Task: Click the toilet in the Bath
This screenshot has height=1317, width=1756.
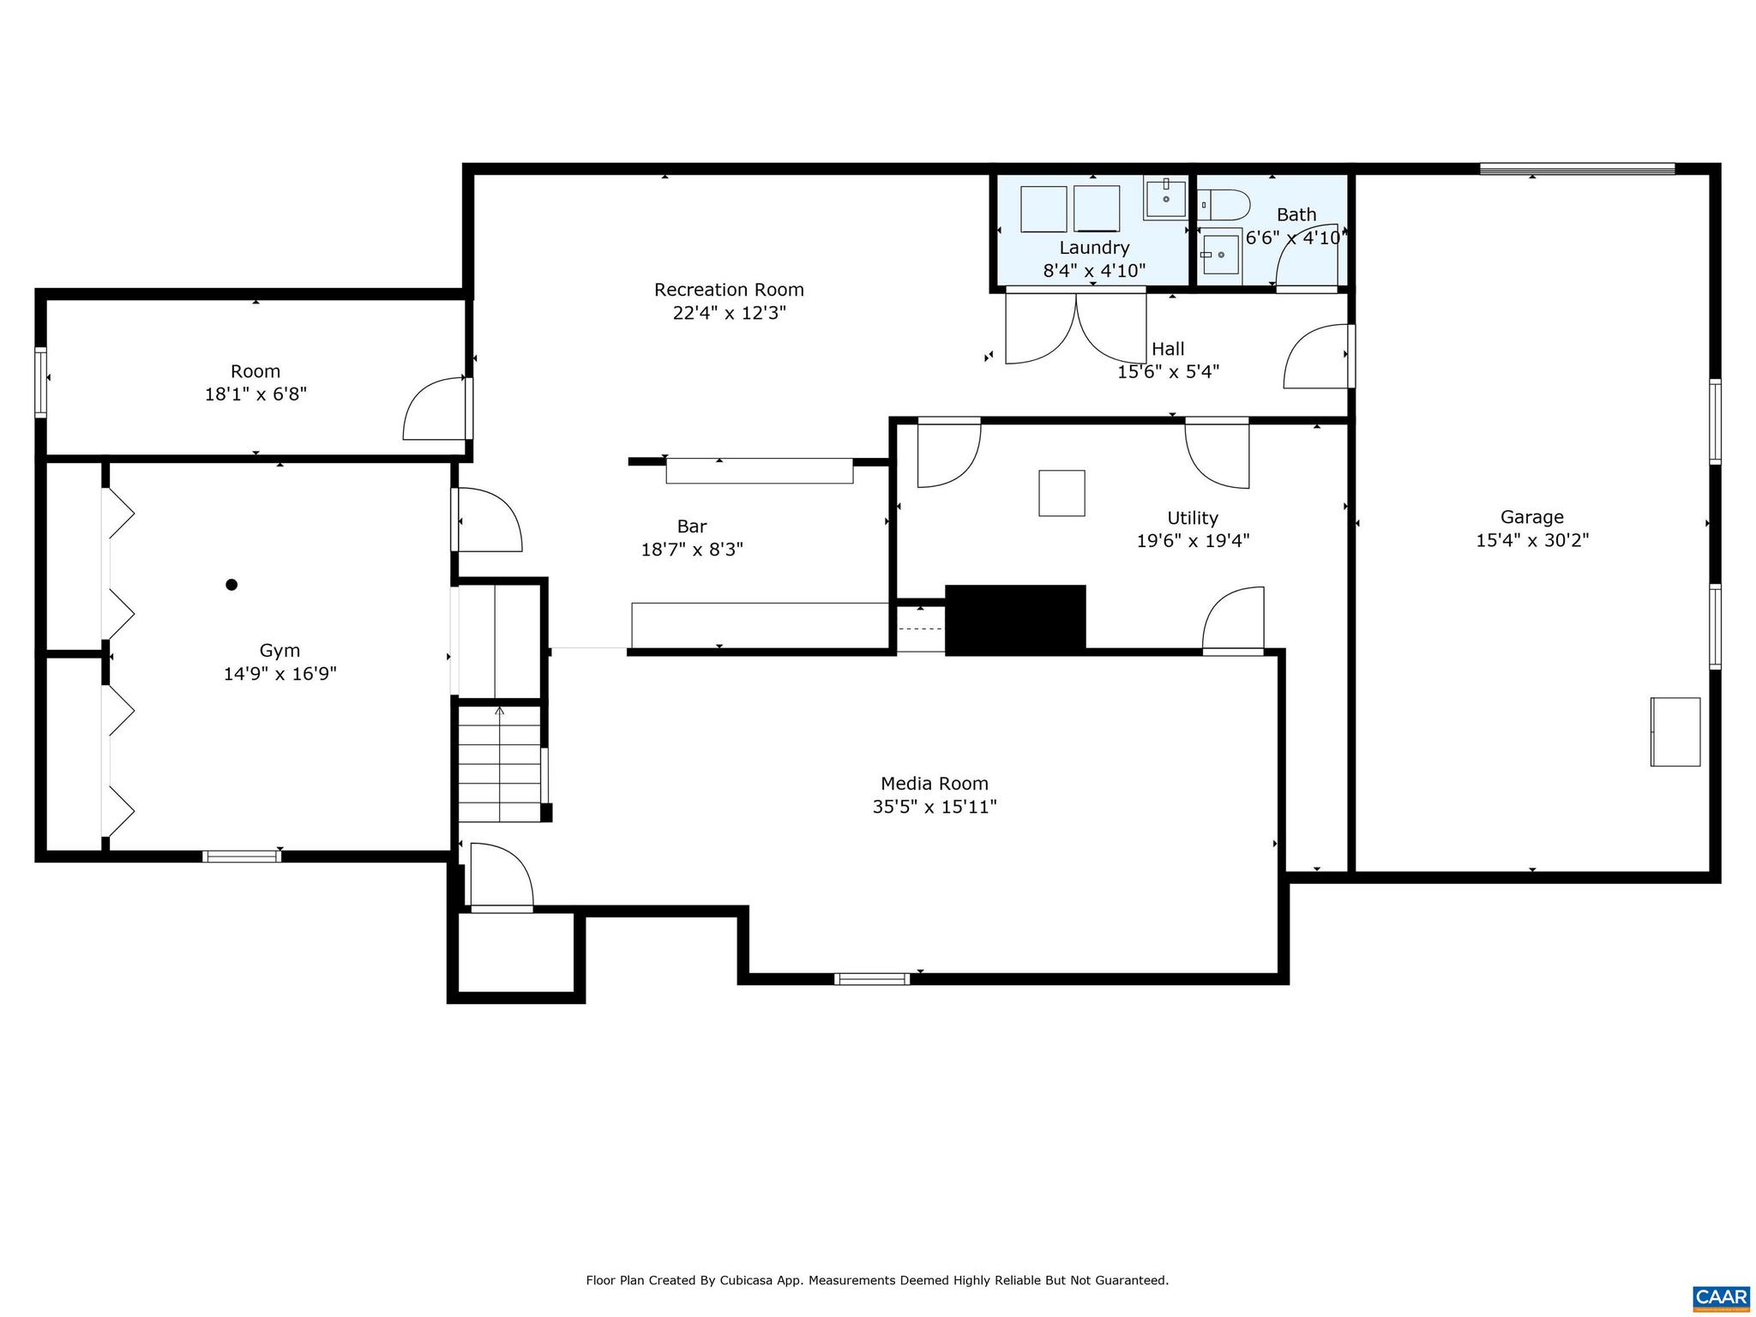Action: tap(1225, 205)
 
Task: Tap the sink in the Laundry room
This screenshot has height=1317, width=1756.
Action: tap(1165, 199)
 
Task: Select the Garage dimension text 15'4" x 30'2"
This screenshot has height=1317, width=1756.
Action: tap(1532, 540)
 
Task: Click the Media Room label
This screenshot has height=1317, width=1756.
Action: tap(935, 784)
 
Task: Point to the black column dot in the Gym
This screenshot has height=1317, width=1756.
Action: tap(232, 585)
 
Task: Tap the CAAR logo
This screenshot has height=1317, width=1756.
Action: tap(1721, 1297)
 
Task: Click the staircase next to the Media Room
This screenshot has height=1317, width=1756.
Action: tap(500, 763)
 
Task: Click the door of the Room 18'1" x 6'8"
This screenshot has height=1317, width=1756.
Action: tap(437, 409)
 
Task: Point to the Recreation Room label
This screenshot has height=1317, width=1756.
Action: tap(729, 290)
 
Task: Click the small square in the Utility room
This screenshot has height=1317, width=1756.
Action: tap(1061, 493)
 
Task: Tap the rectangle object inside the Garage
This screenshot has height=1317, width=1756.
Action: tap(1675, 731)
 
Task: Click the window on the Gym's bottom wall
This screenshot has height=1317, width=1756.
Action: tap(242, 856)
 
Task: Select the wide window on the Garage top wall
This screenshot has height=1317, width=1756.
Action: tap(1577, 169)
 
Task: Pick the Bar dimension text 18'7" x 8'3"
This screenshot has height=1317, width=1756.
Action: tap(692, 550)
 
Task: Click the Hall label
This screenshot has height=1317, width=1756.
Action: tap(1168, 349)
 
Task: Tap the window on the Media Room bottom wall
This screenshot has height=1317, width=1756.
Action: tap(872, 978)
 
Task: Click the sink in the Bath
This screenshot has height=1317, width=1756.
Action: tap(1220, 254)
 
